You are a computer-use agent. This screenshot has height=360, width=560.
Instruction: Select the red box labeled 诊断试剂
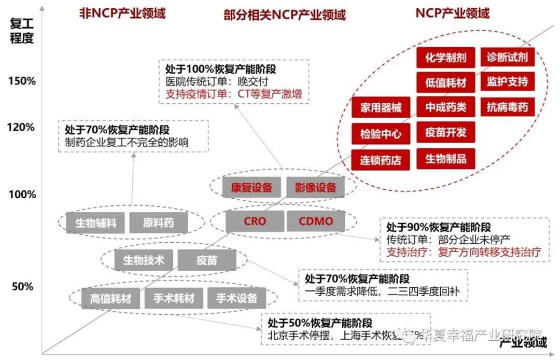pos(507,58)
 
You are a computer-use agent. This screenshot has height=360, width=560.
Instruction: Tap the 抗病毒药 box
pos(507,107)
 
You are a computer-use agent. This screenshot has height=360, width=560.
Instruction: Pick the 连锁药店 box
pos(381,159)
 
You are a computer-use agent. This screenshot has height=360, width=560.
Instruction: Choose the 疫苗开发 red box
pos(445,132)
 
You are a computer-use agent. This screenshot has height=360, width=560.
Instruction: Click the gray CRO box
pos(255,221)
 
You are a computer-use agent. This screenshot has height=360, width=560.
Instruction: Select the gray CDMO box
pos(315,221)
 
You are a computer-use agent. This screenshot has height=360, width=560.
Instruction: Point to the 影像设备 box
pos(315,188)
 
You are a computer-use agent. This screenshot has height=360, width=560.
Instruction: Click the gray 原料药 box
pos(159,224)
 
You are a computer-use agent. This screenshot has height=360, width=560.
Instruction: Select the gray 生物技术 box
pos(144,260)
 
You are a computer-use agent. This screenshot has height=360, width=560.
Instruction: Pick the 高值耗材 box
pos(110,299)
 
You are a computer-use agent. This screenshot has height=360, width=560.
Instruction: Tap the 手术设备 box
pos(236,299)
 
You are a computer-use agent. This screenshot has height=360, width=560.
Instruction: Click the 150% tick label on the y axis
pos(22,81)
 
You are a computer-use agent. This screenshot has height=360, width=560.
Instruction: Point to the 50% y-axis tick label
pos(22,287)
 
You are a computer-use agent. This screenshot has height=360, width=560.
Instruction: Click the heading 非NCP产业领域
pos(122,14)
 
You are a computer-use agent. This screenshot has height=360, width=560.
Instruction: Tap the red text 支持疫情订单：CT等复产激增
pos(233,95)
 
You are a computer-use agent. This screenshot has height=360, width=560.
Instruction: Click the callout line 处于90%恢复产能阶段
pos(439,227)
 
